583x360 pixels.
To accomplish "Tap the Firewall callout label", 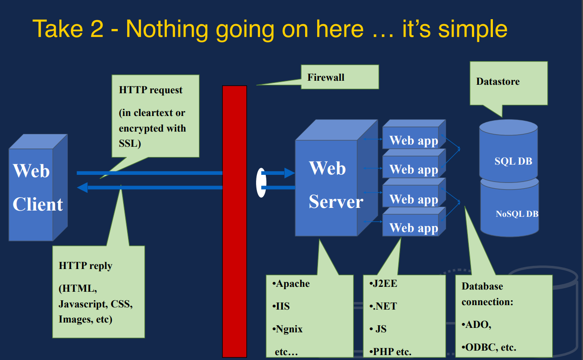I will click(x=326, y=77).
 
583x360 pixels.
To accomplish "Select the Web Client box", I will click(x=37, y=187).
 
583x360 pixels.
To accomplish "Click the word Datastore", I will click(x=498, y=82).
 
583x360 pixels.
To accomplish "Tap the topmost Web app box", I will click(x=413, y=140).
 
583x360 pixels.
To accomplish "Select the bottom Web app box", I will click(x=413, y=228).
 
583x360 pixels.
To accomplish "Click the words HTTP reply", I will click(x=86, y=266).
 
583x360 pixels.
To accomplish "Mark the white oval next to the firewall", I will click(x=260, y=182).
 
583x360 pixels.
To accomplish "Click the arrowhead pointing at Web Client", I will click(x=83, y=187).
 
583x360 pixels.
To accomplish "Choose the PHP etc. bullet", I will click(x=391, y=352).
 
